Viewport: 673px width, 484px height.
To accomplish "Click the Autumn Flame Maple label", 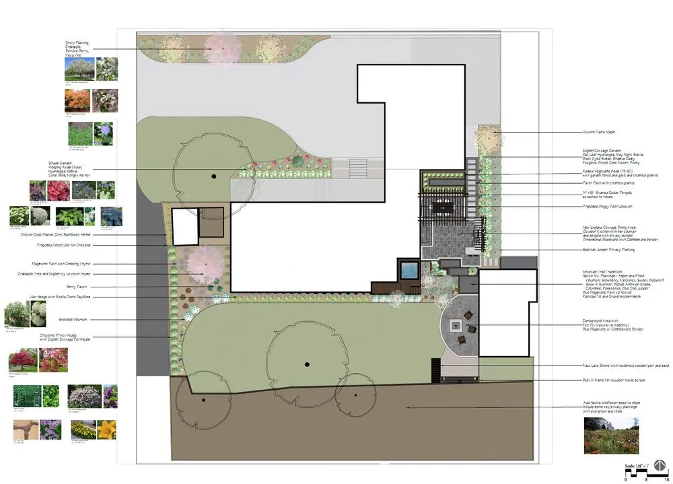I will pyautogui.click(x=599, y=132).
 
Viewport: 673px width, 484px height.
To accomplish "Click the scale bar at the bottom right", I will pyautogui.click(x=636, y=473).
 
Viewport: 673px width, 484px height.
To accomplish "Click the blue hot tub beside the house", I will pyautogui.click(x=409, y=271).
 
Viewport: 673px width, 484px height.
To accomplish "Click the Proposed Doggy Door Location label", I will pyautogui.click(x=607, y=206).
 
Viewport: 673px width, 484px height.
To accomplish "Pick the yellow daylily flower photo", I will pyautogui.click(x=106, y=429).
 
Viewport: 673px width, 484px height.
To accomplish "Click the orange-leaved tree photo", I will pyautogui.click(x=78, y=100).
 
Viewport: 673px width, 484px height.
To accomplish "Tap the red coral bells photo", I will pyautogui.click(x=37, y=191).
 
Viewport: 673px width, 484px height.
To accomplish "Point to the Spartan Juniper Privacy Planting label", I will pyautogui.click(x=608, y=250).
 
